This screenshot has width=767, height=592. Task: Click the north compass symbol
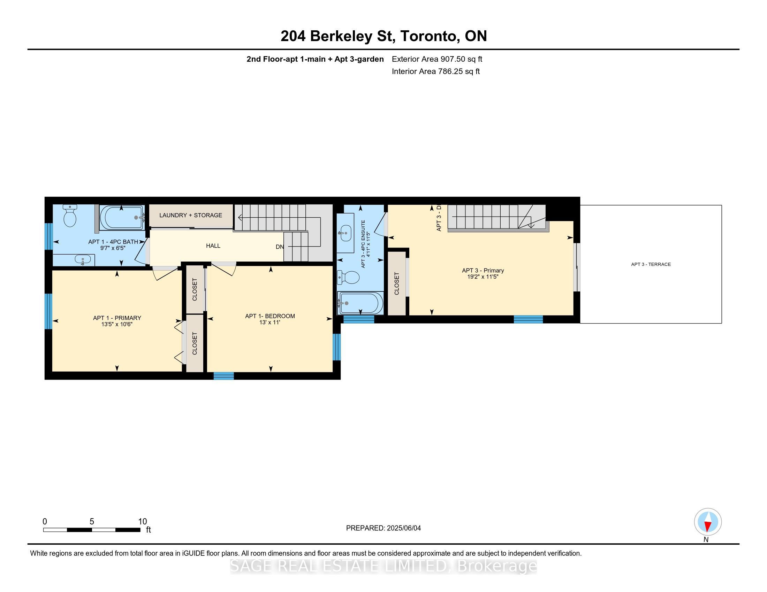(708, 522)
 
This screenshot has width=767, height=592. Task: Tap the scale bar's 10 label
(142, 521)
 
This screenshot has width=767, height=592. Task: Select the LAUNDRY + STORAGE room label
(191, 215)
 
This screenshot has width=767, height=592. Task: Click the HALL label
(213, 246)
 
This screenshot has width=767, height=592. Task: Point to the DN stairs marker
(280, 247)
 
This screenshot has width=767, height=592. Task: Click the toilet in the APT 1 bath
(70, 215)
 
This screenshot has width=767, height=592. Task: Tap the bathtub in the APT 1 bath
(122, 217)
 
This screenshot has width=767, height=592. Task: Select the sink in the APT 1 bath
(83, 260)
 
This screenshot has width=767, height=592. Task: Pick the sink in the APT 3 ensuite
(345, 233)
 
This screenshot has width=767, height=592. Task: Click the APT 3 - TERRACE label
(651, 264)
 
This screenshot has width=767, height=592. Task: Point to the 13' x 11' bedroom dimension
(270, 322)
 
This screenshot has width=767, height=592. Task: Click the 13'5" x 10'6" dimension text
(117, 325)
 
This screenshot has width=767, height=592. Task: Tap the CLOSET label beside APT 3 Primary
(397, 284)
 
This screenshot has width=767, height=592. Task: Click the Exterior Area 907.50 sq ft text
(437, 59)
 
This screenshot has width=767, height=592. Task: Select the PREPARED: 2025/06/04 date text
(383, 528)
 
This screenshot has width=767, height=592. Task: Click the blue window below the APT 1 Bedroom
(224, 376)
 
